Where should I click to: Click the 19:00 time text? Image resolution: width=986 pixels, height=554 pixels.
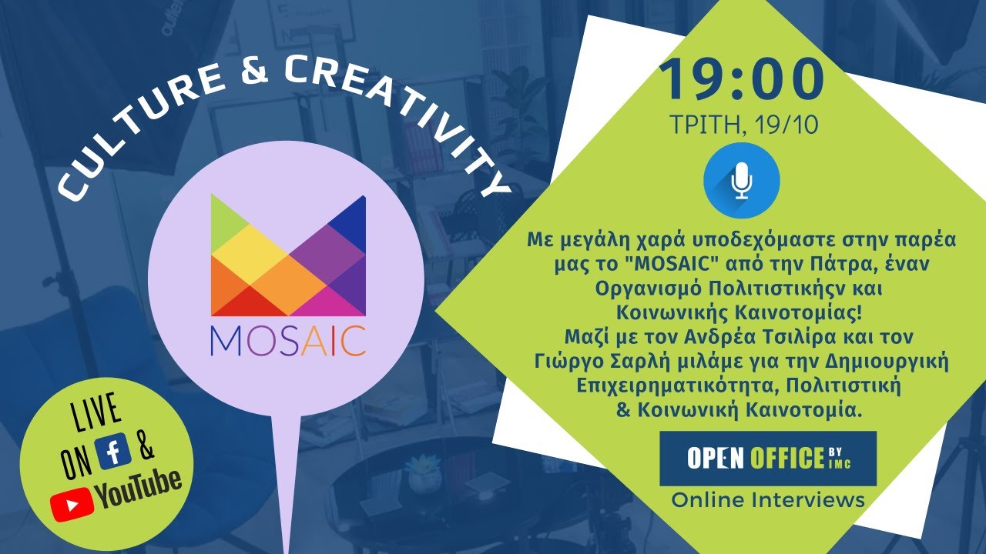(x=740, y=80)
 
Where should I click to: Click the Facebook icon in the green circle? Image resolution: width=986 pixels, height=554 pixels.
(x=113, y=452)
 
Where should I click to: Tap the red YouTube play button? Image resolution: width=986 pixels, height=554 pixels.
(x=72, y=504)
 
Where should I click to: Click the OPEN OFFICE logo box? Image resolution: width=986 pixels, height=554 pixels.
(x=768, y=459)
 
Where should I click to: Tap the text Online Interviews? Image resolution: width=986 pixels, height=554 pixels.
(x=768, y=500)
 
